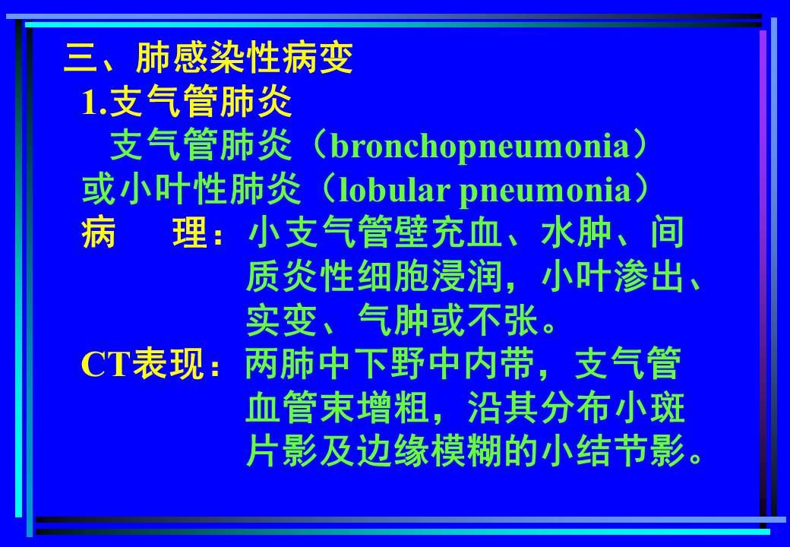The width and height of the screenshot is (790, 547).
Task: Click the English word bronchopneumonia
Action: tap(481, 147)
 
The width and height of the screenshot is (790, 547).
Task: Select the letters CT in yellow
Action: tap(106, 365)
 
